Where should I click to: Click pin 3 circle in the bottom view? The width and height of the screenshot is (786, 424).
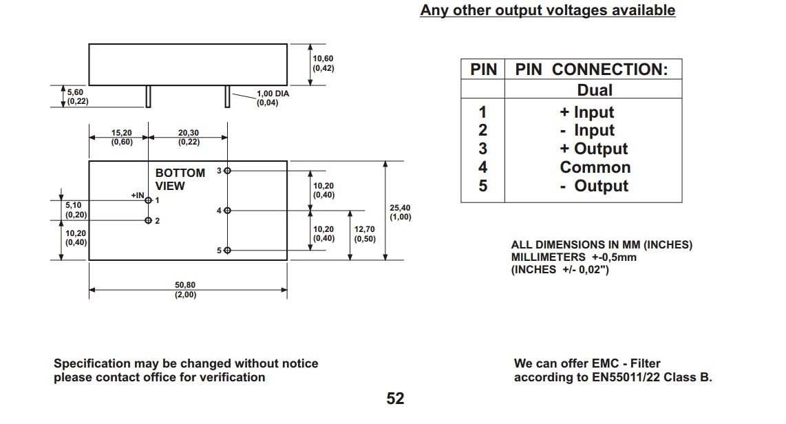click(x=228, y=170)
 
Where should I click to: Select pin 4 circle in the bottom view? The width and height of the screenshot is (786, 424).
click(x=228, y=211)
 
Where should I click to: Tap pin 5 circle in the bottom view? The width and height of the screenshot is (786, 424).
click(x=228, y=251)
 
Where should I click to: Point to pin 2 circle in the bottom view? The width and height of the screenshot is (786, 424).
click(x=149, y=221)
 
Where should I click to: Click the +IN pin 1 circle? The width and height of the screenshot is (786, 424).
click(x=149, y=200)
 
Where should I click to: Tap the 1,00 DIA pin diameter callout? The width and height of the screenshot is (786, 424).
click(x=273, y=98)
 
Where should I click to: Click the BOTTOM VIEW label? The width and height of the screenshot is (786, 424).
click(x=180, y=179)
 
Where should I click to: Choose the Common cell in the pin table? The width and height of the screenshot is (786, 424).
click(x=595, y=167)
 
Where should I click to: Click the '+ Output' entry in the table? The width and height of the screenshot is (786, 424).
click(x=595, y=149)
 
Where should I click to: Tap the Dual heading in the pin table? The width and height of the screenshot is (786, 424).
click(x=595, y=90)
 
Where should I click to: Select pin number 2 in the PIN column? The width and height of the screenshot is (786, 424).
click(x=482, y=130)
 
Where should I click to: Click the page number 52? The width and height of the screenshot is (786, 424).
click(x=395, y=399)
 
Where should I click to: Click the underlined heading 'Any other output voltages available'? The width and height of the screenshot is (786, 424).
click(x=547, y=10)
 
